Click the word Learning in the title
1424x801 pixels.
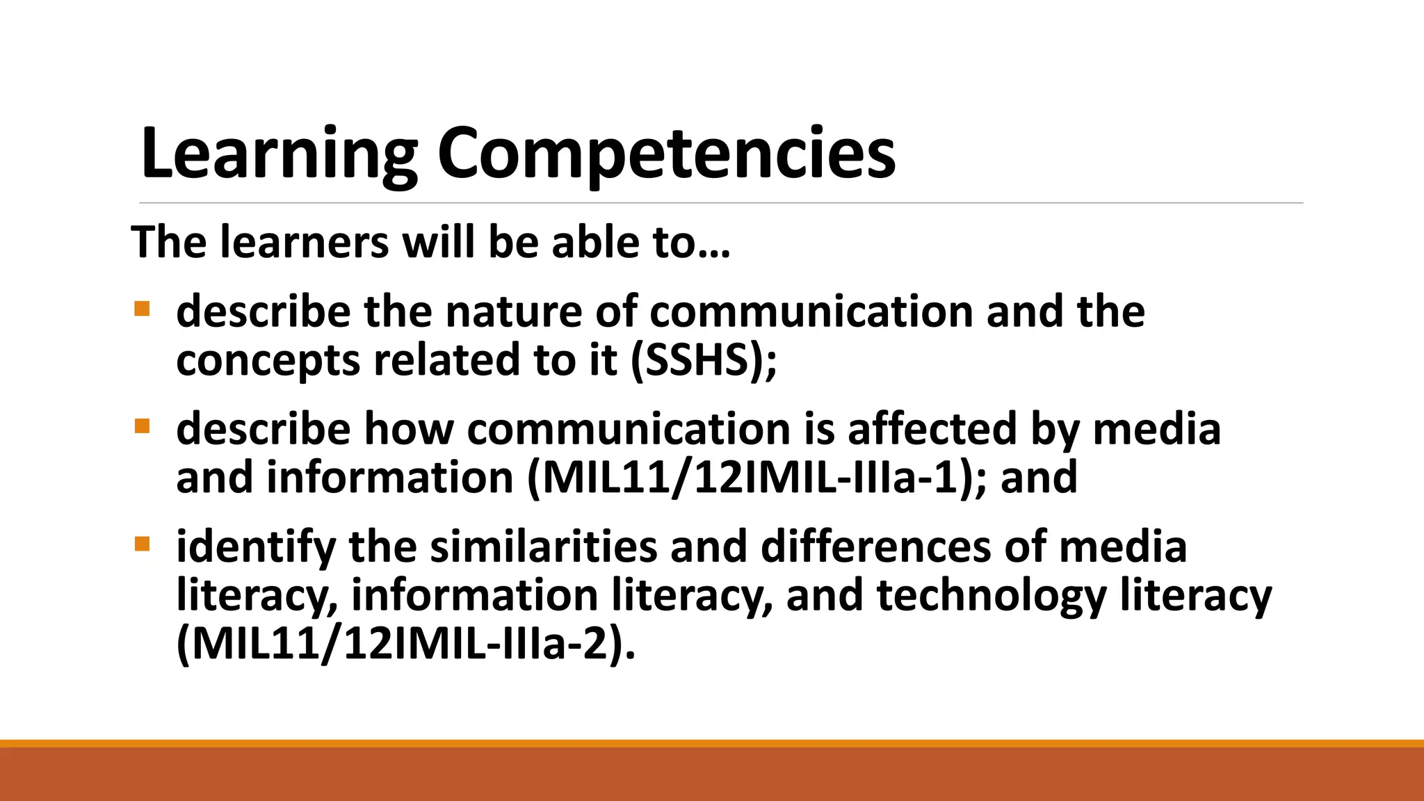point(278,154)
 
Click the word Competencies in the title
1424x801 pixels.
point(666,154)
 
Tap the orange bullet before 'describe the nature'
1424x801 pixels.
point(142,308)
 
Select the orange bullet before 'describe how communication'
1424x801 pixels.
point(142,426)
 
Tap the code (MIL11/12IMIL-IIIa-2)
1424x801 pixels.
point(406,645)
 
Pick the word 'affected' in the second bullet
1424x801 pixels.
point(932,429)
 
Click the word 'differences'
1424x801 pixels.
point(875,547)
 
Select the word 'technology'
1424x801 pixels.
point(992,596)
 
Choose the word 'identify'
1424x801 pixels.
point(256,548)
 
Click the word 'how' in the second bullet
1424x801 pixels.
point(409,429)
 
